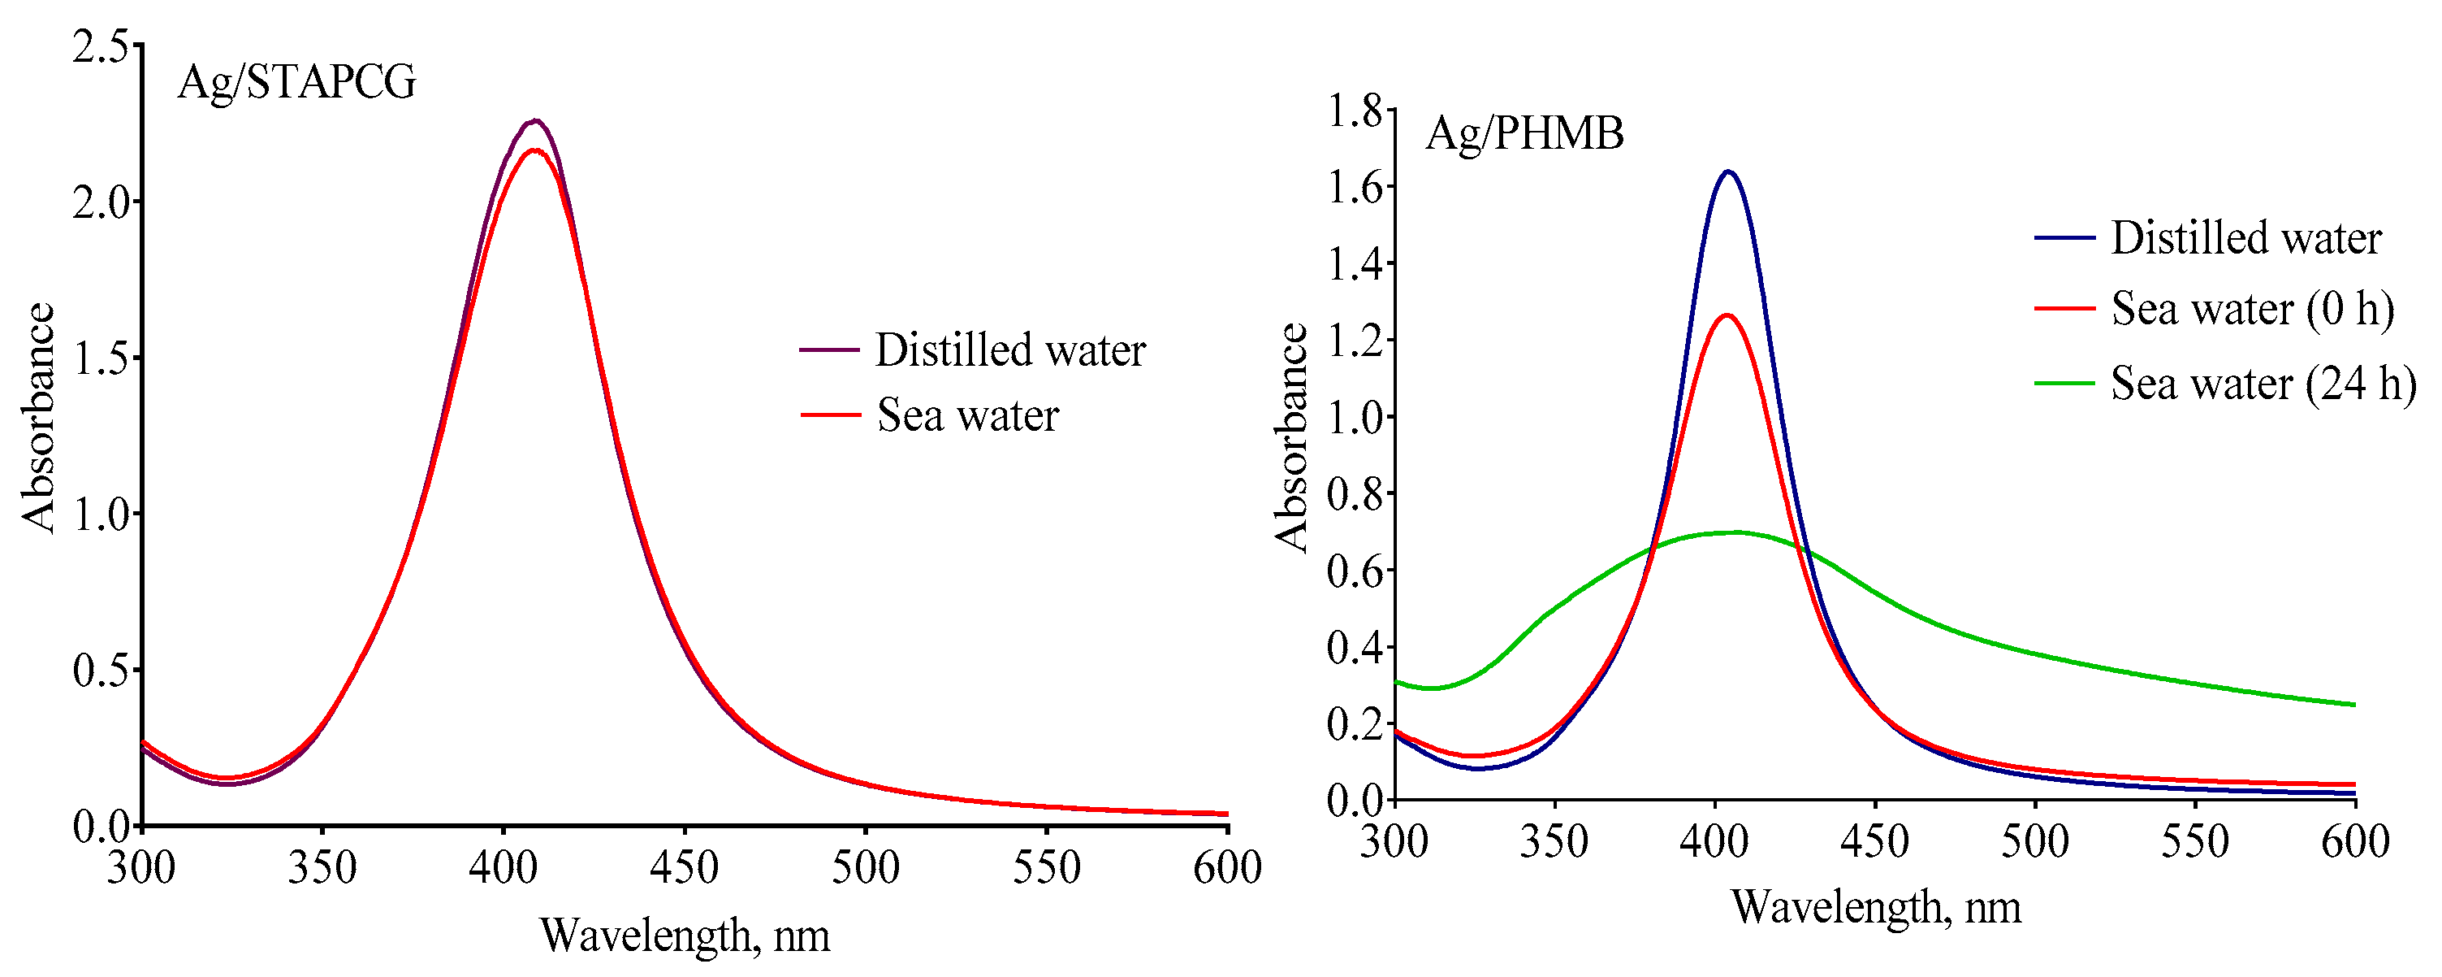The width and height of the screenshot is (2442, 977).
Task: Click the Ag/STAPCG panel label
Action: pos(296,83)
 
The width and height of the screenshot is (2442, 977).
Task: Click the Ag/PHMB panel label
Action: pos(1524,132)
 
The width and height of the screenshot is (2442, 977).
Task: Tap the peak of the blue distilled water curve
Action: pos(1728,172)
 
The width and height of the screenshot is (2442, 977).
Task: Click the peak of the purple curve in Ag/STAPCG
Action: pos(536,121)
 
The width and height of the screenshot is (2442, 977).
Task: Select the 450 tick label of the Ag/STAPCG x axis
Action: pos(684,868)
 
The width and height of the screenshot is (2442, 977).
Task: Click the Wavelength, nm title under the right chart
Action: pos(1876,908)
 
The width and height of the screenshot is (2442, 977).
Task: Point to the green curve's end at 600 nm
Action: pos(2353,705)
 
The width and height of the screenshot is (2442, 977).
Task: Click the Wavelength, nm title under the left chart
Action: pos(685,936)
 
